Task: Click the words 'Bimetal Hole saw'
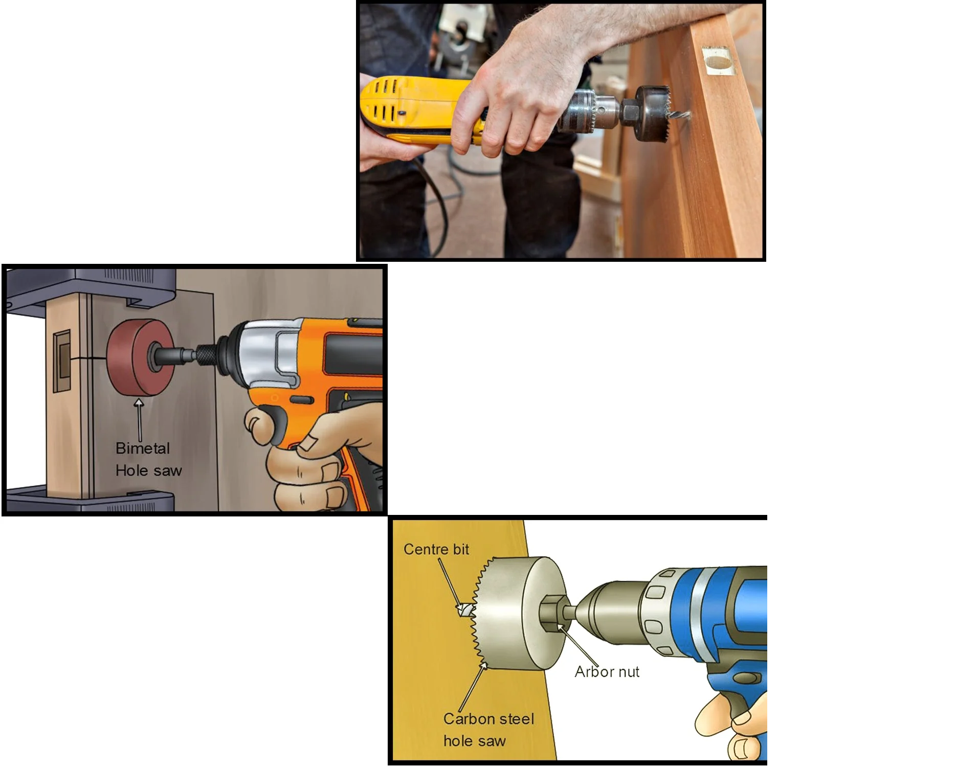click(148, 459)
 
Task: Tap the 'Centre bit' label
click(436, 549)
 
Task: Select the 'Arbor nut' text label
click(607, 671)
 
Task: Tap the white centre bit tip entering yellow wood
click(464, 610)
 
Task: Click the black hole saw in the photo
click(651, 114)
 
